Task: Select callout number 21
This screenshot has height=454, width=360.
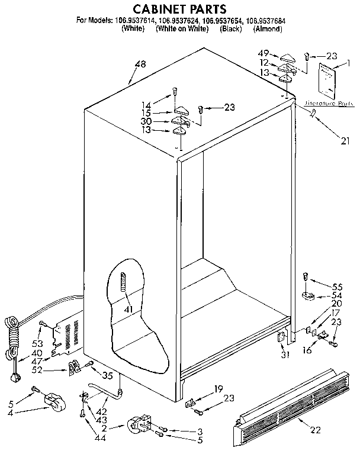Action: click(x=346, y=141)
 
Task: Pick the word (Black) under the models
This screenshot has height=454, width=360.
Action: click(x=230, y=28)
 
